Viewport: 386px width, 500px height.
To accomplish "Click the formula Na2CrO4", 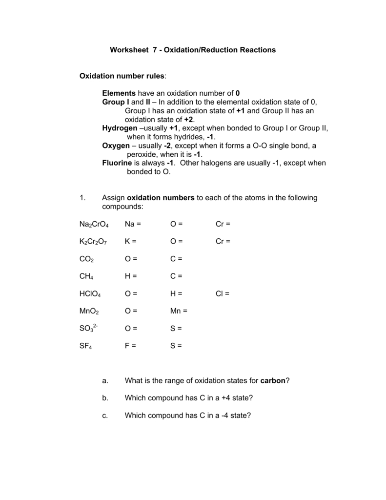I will pos(94,224).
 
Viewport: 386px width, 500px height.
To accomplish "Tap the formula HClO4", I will pos(90,294).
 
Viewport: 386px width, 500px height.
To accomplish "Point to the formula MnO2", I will pos(89,311).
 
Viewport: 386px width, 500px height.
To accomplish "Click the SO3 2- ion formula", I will pos(89,329).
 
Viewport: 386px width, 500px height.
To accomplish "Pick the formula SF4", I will pos(86,346).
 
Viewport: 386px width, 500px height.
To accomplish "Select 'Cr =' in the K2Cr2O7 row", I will pos(223,241).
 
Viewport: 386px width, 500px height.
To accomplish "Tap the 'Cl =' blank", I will pos(222,293).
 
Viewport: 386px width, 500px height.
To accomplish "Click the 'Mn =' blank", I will pos(179,311).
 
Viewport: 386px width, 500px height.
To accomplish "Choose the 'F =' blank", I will pos(130,346).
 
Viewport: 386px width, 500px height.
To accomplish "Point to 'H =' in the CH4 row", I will pos(131,276).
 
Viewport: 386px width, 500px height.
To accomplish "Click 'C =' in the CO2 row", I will pos(176,259).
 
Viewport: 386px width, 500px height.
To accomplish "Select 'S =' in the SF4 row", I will pos(176,346).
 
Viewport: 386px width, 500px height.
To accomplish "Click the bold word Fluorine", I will pos(117,163).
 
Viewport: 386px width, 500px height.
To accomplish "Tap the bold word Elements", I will pos(119,93).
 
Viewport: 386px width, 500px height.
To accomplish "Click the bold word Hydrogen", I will pos(120,128).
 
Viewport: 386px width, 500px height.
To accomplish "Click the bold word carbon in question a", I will pos(273,380).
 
